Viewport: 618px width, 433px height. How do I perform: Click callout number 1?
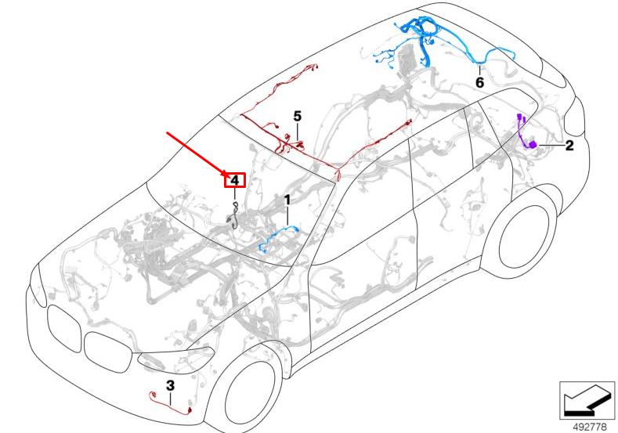(x=287, y=200)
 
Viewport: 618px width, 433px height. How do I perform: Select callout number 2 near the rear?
(x=569, y=146)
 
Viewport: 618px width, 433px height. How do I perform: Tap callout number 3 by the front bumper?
(x=170, y=385)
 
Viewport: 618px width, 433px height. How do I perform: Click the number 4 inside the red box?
(x=234, y=181)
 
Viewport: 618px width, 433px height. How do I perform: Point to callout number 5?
(x=298, y=116)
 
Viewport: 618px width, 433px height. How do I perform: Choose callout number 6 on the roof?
(x=479, y=81)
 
